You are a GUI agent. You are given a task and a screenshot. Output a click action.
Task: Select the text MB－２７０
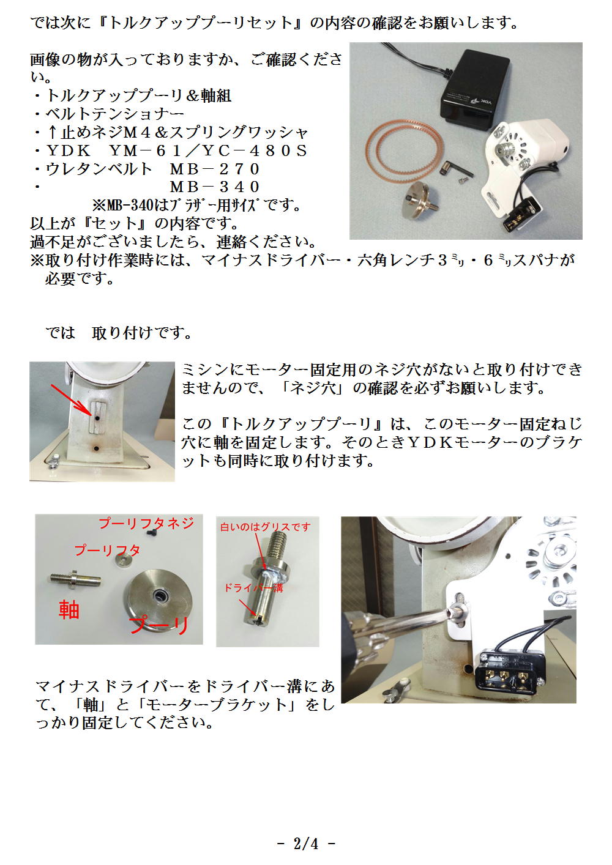point(214,169)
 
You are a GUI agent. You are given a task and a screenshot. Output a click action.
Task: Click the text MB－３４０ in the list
point(214,187)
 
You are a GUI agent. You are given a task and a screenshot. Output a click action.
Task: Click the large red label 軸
point(69,610)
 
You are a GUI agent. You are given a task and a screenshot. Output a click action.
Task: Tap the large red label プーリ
point(159,625)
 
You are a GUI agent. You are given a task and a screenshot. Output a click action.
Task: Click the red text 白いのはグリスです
point(266,527)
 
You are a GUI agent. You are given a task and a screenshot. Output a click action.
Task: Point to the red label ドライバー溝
point(254,588)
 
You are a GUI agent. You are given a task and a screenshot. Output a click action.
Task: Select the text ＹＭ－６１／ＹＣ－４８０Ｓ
point(208,150)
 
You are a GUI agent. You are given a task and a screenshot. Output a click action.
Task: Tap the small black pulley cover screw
point(151,533)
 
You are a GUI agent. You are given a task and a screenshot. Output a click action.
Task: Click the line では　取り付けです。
point(118,333)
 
